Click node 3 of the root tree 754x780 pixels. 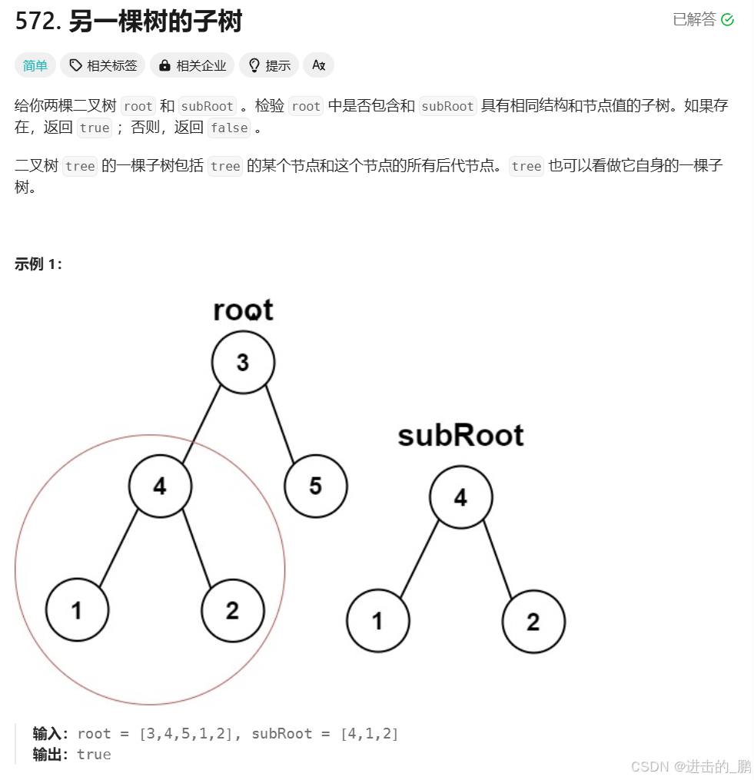(x=243, y=362)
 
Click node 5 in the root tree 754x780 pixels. (x=315, y=486)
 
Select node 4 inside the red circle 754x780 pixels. (x=160, y=486)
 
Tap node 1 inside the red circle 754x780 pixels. (x=77, y=610)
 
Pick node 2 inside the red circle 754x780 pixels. (x=232, y=610)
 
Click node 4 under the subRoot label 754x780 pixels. (x=460, y=497)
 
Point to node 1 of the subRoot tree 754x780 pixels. (x=377, y=621)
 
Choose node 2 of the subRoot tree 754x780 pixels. (x=533, y=621)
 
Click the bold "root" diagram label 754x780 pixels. (x=243, y=310)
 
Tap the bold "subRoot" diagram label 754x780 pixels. (x=460, y=436)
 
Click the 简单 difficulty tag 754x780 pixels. (x=35, y=66)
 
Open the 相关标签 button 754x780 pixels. (x=103, y=66)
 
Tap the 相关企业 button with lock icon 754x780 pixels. (x=193, y=66)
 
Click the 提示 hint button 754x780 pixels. (x=269, y=66)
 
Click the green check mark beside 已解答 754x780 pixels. (x=727, y=20)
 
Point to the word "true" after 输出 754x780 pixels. (x=94, y=755)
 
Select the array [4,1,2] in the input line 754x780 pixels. (x=370, y=734)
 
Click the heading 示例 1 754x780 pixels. (x=38, y=264)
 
